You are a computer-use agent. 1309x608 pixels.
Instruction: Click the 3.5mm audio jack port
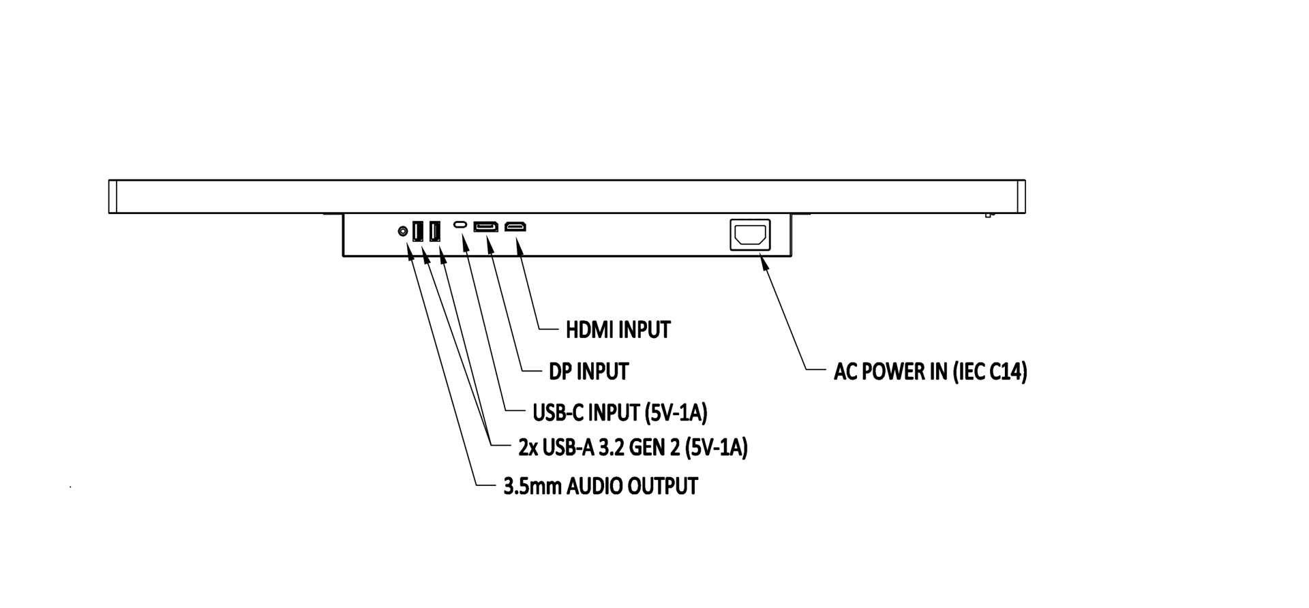[x=403, y=232]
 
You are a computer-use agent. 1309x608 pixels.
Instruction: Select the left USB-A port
[x=418, y=232]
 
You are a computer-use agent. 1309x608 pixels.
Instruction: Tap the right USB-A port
[x=434, y=232]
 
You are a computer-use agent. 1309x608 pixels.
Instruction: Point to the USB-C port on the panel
[x=462, y=225]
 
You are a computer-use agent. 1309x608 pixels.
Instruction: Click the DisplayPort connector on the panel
[x=485, y=226]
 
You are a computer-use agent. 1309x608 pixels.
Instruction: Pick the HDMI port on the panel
[x=515, y=226]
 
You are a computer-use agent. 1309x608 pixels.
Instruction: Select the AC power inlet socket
[x=750, y=235]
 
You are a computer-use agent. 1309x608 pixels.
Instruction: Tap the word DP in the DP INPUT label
[x=561, y=372]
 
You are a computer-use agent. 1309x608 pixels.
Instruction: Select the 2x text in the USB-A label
[x=528, y=448]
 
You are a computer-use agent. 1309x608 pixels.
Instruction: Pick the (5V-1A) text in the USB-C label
[x=676, y=412]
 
